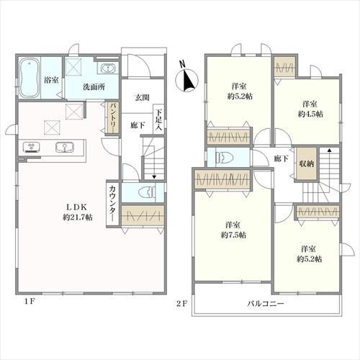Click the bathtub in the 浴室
pos(29,78)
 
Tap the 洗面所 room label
pos(94,87)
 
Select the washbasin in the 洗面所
pos(108,68)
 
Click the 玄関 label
pos(142,97)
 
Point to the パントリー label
pos(113,118)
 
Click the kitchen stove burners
pos(32,147)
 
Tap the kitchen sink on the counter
pos(65,147)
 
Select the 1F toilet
pos(147,192)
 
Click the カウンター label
pos(112,204)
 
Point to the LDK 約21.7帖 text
pos(77,212)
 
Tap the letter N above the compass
pos(183,64)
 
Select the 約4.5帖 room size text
pos(310,114)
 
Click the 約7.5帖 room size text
pos(233,235)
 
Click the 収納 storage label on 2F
pos(307,163)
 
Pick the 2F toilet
pos(225,158)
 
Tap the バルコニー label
pos(266,304)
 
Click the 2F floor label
pos(181,304)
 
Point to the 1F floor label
pos(30,302)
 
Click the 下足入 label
pos(158,120)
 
